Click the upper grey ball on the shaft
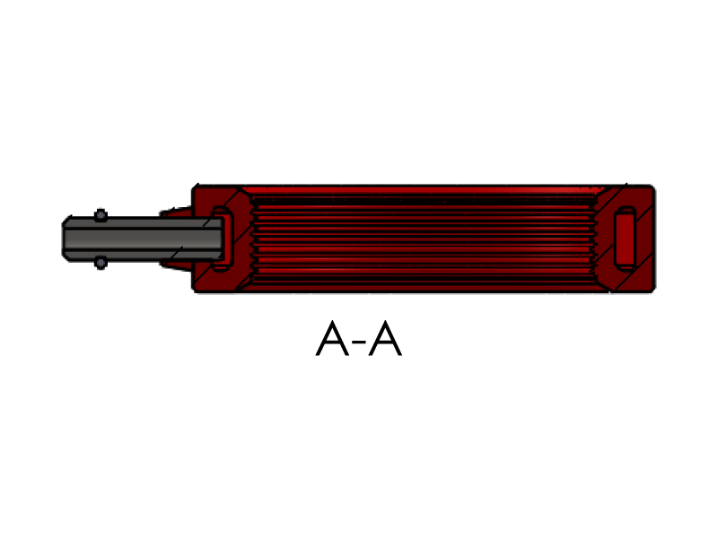click(x=101, y=215)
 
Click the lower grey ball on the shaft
click(x=101, y=263)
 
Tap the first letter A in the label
click(x=332, y=338)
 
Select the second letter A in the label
click(x=385, y=338)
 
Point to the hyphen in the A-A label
click(x=360, y=342)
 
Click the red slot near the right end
click(x=625, y=239)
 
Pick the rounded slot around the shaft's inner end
click(x=222, y=239)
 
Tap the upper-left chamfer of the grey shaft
click(x=66, y=220)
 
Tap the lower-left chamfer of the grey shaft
click(x=66, y=256)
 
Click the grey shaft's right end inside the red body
click(x=222, y=239)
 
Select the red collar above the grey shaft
click(x=175, y=212)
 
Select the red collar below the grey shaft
click(x=175, y=265)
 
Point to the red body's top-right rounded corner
click(x=652, y=188)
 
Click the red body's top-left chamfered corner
click(x=195, y=187)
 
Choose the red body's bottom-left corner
click(x=195, y=289)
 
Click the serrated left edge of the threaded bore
click(x=253, y=239)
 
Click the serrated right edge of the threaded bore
click(x=594, y=239)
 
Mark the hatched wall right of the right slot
click(x=644, y=238)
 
